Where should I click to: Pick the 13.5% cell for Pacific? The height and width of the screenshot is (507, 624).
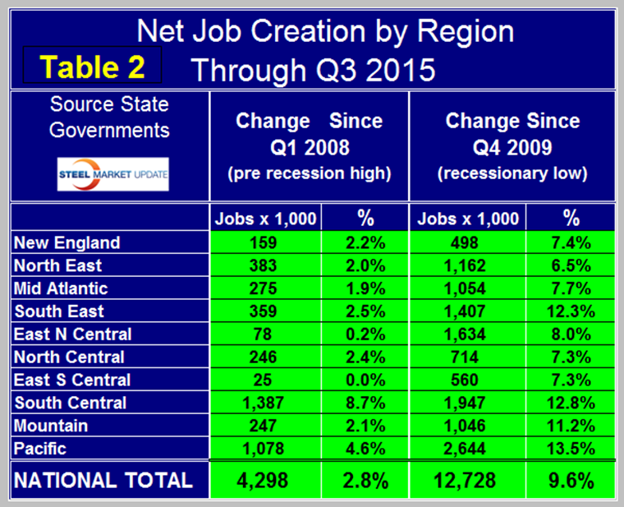571,449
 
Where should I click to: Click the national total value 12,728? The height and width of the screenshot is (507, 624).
469,480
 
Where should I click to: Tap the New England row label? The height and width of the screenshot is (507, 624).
67,242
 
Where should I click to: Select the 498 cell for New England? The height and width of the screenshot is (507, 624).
469,242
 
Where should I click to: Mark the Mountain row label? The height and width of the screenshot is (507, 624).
51,426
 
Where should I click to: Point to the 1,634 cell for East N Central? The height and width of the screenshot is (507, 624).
469,334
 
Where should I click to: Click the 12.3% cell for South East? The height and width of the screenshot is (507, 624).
571,311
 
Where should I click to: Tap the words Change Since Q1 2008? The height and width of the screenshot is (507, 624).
309,134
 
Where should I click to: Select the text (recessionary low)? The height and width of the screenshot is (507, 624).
512,174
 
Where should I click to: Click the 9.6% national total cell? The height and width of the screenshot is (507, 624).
571,480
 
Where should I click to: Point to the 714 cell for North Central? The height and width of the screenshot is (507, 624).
469,357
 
